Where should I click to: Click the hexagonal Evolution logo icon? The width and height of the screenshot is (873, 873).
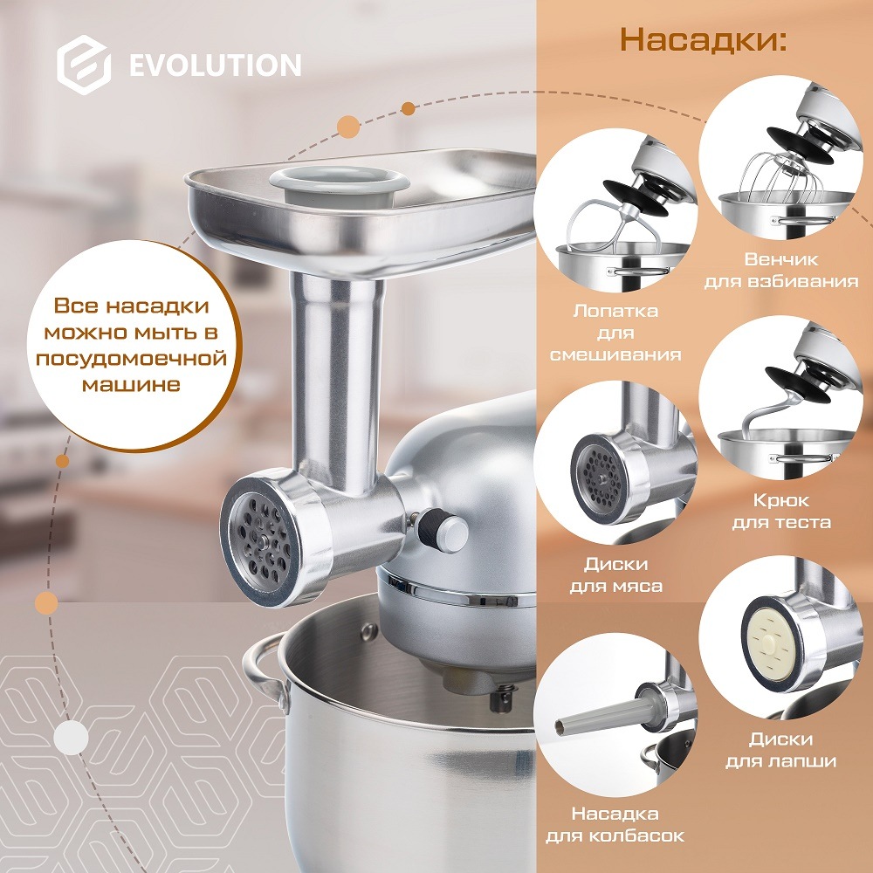(x=84, y=65)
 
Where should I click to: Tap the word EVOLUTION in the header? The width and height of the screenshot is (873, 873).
(x=215, y=65)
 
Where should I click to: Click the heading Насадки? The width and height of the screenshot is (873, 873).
(x=703, y=40)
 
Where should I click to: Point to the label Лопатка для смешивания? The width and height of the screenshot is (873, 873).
(x=615, y=332)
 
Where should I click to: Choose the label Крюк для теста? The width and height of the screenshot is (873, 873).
(x=792, y=512)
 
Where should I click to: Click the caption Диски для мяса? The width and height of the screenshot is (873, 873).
(x=615, y=575)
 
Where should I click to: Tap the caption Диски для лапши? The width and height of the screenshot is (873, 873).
(x=780, y=750)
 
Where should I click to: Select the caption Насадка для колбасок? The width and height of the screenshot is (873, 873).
(x=615, y=825)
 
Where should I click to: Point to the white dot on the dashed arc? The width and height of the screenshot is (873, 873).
(x=68, y=740)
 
